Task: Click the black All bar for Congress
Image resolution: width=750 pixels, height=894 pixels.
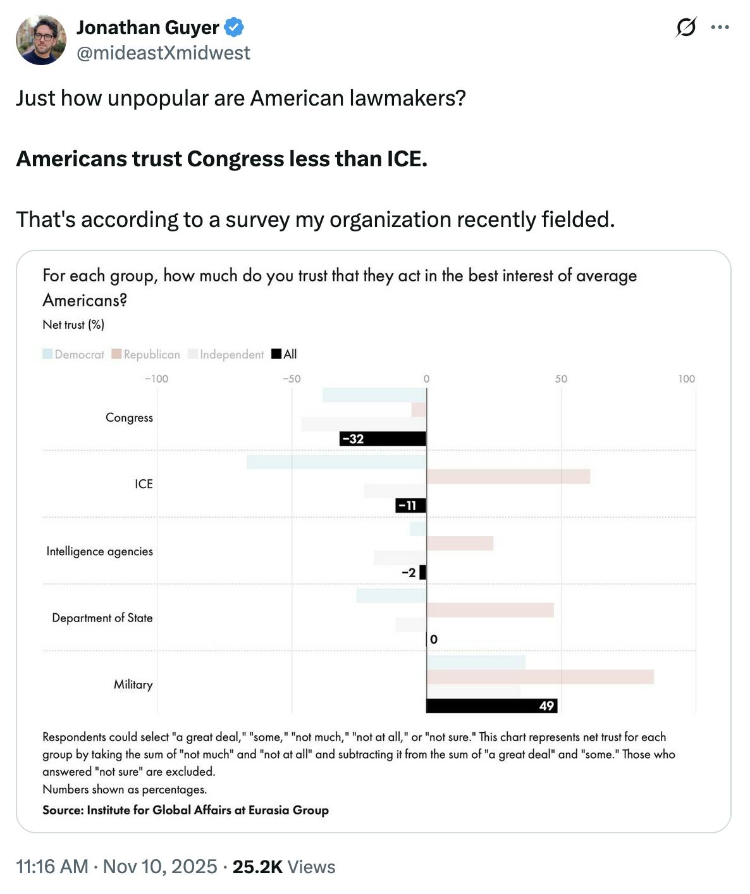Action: click(x=383, y=439)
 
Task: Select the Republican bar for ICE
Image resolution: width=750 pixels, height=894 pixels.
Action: click(x=508, y=477)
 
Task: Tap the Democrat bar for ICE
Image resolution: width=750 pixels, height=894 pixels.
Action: click(x=336, y=462)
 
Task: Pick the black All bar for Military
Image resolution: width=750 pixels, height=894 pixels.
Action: click(x=491, y=706)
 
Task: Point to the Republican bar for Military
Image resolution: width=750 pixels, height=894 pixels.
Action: click(x=540, y=677)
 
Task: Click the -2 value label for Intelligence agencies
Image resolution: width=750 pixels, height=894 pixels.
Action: click(x=409, y=573)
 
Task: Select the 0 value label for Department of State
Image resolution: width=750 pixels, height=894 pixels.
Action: click(x=434, y=639)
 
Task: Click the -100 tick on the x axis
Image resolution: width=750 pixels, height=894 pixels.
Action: click(x=156, y=379)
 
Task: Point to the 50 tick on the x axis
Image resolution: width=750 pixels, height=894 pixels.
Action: click(x=561, y=379)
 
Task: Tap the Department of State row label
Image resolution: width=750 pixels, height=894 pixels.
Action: click(x=102, y=618)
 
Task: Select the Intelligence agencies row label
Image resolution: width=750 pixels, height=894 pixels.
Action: click(x=99, y=551)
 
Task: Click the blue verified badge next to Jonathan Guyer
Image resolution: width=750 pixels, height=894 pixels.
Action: click(x=235, y=27)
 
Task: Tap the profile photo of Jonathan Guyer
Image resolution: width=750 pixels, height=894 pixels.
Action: click(x=41, y=40)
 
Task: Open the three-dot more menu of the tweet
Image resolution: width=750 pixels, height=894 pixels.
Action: click(x=720, y=27)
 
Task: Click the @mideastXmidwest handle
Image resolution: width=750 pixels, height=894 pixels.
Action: click(x=163, y=53)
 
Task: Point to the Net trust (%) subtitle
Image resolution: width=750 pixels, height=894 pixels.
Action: click(x=73, y=325)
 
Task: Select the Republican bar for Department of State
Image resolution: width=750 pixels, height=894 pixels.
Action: click(x=490, y=610)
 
